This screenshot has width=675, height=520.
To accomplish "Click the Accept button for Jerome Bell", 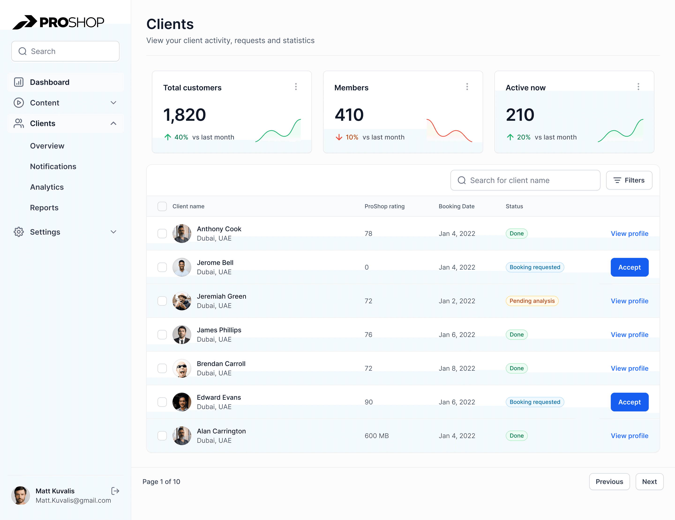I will coord(629,267).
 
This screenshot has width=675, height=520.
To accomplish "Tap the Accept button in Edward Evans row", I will coord(629,402).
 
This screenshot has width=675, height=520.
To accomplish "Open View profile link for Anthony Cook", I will coord(629,234).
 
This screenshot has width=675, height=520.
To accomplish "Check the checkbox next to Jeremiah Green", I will coord(162,301).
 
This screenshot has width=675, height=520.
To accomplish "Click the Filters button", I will coord(629,180).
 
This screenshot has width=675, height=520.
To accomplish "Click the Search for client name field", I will coord(525,180).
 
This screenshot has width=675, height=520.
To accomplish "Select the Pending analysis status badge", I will coord(532,301).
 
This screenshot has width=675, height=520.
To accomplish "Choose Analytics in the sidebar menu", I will coord(47,187).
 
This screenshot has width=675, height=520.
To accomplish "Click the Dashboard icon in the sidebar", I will coord(19,82).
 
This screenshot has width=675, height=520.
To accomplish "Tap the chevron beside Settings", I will coord(113,232).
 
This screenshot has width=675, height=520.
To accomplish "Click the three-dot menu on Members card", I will coord(467,87).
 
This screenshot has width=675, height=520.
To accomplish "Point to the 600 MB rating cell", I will coord(376,436).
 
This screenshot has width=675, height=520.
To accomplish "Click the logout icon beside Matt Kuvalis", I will coord(115,491).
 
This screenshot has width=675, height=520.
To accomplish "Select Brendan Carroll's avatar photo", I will coord(182,368).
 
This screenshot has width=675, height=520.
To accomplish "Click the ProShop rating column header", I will coord(384,206).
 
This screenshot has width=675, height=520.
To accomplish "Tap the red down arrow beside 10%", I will coord(339,137).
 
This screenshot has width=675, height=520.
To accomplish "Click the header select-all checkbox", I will coord(162,206).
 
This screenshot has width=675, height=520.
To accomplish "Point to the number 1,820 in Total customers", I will coord(184,115).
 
